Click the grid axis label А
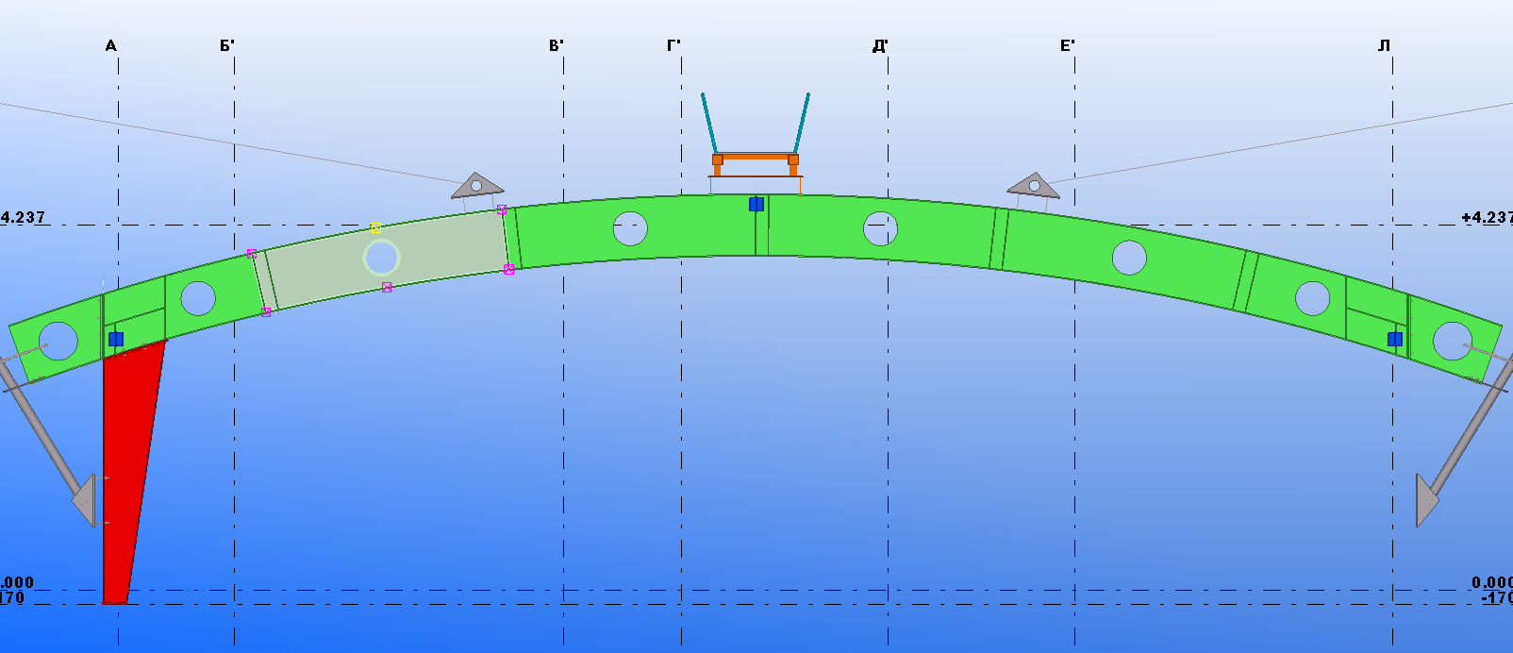(x=111, y=46)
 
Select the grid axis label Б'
(x=227, y=46)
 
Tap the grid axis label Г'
(x=673, y=46)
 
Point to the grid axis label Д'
(x=880, y=46)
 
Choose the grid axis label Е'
(x=1068, y=46)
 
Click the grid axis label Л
(x=1384, y=46)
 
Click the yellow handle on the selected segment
(x=375, y=227)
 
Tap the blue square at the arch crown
(x=756, y=204)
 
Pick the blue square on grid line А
(x=116, y=339)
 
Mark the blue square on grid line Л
(x=1395, y=339)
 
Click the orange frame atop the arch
(x=755, y=159)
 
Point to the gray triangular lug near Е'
(x=1034, y=186)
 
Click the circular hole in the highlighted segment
(x=382, y=258)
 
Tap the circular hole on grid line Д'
(x=880, y=228)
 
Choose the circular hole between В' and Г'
(x=630, y=228)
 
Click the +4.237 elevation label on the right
(x=1487, y=218)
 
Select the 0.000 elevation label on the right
(x=1491, y=583)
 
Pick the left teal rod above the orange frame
(x=709, y=123)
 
